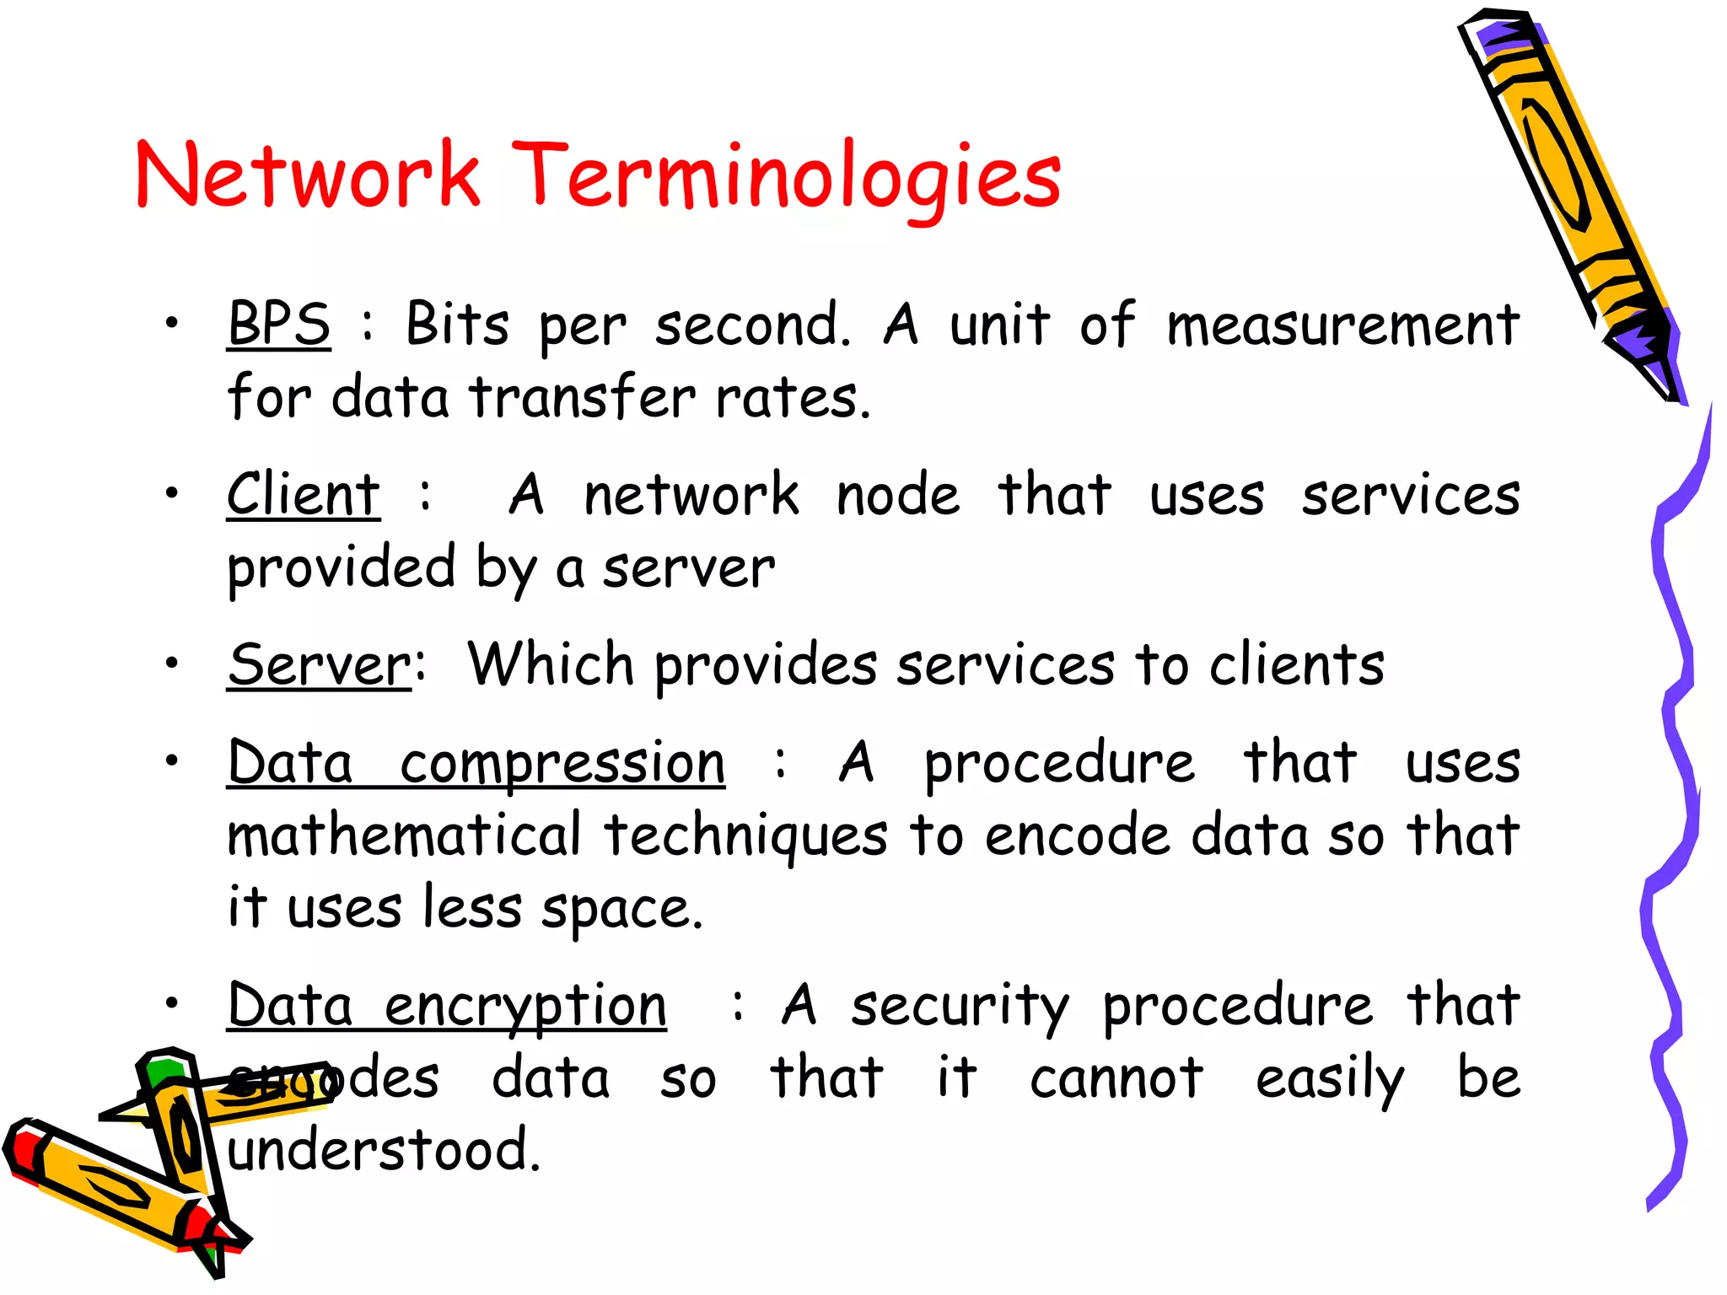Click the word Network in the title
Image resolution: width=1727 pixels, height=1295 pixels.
pos(308,175)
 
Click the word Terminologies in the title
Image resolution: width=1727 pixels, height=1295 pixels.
pos(786,175)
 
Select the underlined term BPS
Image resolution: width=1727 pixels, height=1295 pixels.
pos(279,324)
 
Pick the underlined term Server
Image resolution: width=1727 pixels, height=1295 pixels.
pos(320,665)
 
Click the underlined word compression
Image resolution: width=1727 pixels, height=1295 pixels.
pos(562,764)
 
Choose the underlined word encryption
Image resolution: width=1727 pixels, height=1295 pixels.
pos(525,1007)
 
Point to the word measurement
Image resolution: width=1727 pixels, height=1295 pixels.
pos(1343,325)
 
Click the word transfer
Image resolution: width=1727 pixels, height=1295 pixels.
pos(583,397)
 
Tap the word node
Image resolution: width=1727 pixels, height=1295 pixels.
pos(898,496)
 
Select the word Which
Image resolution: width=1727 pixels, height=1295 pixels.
pos(551,664)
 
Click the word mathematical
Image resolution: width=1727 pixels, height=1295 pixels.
pos(405,836)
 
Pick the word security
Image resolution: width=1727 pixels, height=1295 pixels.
pos(960,1007)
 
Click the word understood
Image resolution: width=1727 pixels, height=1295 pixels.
pos(384,1150)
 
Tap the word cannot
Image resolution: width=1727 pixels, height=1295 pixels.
pos(1116,1078)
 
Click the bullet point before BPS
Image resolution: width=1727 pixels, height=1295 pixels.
pos(172,322)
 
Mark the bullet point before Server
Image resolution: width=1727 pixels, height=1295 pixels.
pos(172,663)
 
